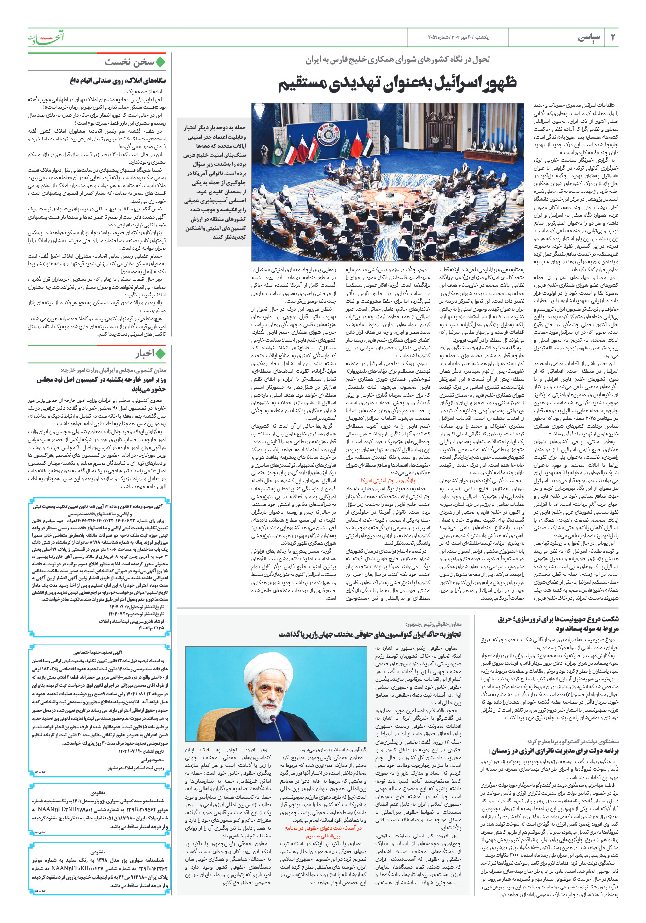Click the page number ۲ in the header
(612, 38)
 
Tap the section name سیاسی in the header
(589, 38)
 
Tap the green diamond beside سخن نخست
(161, 62)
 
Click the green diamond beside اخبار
(161, 353)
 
